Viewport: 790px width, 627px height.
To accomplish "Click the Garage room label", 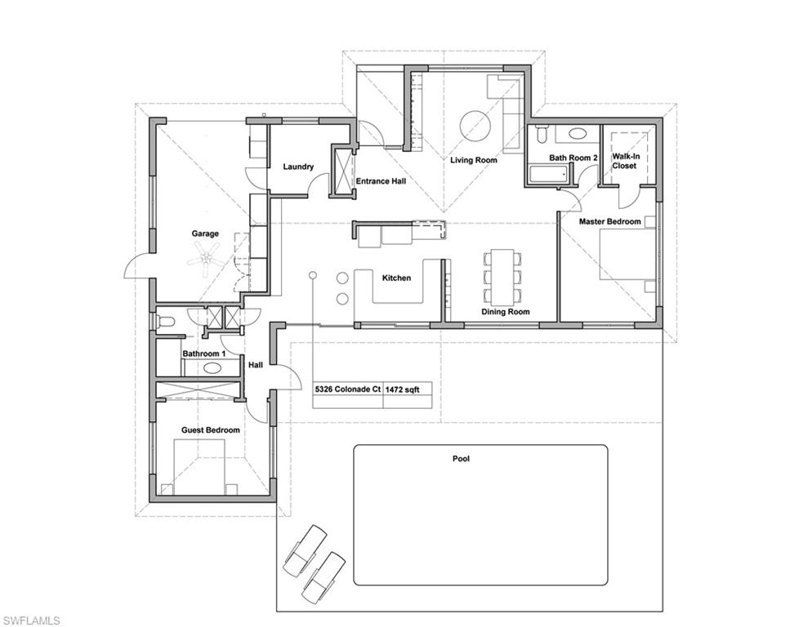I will coord(205,233).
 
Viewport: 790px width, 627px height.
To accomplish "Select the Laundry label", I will coord(298,167).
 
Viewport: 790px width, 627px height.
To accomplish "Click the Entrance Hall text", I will coord(382,181).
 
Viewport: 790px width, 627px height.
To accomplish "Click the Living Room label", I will coord(474,160).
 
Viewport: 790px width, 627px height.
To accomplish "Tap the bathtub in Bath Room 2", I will coord(548,174).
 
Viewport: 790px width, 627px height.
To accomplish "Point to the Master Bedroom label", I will coord(609,221).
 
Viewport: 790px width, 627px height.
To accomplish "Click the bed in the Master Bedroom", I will coord(627,254).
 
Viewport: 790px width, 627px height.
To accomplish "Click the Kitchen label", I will coord(396,278).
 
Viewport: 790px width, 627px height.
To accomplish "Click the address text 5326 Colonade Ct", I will coord(348,390).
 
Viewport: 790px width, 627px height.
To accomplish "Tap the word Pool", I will coord(462,459).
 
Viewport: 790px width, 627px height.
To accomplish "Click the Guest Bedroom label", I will coord(211,429).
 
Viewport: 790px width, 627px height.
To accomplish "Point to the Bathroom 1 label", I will coord(201,354).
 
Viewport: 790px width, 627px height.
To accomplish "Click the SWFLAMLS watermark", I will coord(31,620).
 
